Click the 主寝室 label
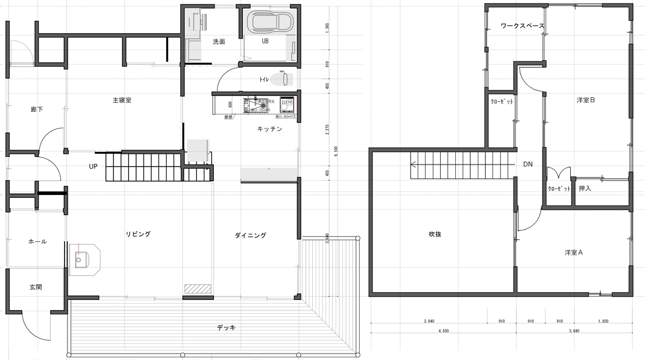pyautogui.click(x=122, y=100)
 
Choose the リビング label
pyautogui.click(x=138, y=234)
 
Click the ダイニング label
pyautogui.click(x=250, y=235)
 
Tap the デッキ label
pyautogui.click(x=226, y=327)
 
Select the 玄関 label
pyautogui.click(x=36, y=287)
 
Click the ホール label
pyautogui.click(x=37, y=242)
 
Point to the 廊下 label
pyautogui.click(x=37, y=110)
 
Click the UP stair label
pyautogui.click(x=93, y=166)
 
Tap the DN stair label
pyautogui.click(x=528, y=164)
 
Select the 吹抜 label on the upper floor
pyautogui.click(x=435, y=234)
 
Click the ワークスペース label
pyautogui.click(x=522, y=26)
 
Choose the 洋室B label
pyautogui.click(x=585, y=100)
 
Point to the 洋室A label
pyautogui.click(x=574, y=252)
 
